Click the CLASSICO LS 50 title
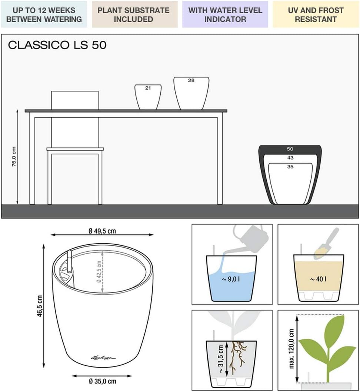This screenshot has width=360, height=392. pyautogui.click(x=57, y=45)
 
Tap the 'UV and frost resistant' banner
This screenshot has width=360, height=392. pyautogui.click(x=316, y=14)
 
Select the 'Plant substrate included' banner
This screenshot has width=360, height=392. pyautogui.click(x=134, y=14)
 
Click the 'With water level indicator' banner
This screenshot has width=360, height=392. pyautogui.click(x=225, y=14)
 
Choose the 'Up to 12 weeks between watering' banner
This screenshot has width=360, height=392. pyautogui.click(x=44, y=14)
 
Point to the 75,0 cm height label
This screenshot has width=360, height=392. pyautogui.click(x=14, y=157)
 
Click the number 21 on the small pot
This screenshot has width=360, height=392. pyautogui.click(x=148, y=88)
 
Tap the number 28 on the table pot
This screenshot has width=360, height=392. pyautogui.click(x=191, y=80)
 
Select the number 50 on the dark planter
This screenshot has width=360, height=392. pyautogui.click(x=290, y=149)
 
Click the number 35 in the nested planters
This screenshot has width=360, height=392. pyautogui.click(x=290, y=167)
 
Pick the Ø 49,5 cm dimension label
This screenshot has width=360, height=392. pyautogui.click(x=102, y=231)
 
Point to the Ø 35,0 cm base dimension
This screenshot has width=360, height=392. pyautogui.click(x=102, y=381)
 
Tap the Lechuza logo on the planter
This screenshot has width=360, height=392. pyautogui.click(x=103, y=358)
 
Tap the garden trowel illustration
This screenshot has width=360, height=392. pyautogui.click(x=326, y=243)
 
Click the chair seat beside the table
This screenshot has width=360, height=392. pyautogui.click(x=75, y=149)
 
